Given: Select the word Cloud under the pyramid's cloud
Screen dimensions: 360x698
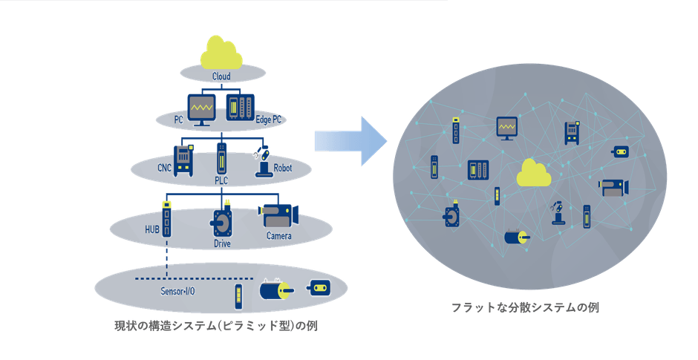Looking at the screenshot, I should tap(221, 76).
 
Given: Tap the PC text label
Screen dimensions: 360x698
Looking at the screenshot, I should tap(179, 119).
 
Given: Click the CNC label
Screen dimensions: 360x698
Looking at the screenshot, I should tap(164, 168).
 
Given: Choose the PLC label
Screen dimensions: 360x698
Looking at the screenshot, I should tap(221, 180).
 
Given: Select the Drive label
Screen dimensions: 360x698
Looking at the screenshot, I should tap(222, 243).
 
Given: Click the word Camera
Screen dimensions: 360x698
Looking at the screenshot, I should tap(279, 237).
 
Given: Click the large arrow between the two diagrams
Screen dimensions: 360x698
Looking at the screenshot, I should tap(350, 139).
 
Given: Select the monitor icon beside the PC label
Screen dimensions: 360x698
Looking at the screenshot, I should tap(201, 110).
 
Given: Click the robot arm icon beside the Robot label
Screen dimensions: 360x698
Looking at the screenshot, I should tap(261, 163).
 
